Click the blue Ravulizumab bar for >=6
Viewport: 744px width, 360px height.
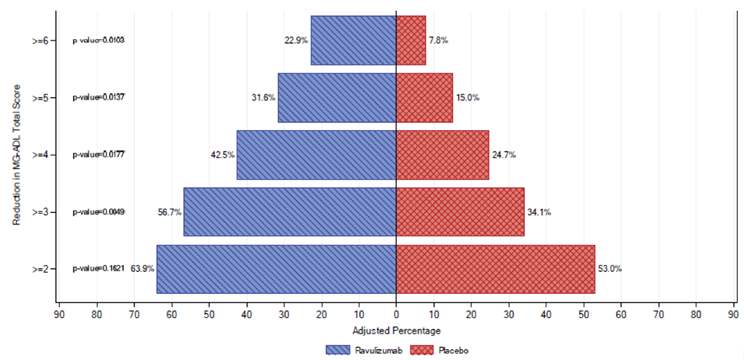click(x=353, y=40)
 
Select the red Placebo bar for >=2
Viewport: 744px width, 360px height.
click(x=495, y=269)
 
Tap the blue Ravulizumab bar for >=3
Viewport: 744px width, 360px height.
click(x=290, y=212)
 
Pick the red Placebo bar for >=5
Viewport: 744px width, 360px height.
click(x=424, y=98)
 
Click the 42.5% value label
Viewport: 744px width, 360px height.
click(x=222, y=155)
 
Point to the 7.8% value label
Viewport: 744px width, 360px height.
click(x=438, y=40)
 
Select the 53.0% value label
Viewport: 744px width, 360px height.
click(x=609, y=269)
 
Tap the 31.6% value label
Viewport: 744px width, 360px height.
click(x=263, y=98)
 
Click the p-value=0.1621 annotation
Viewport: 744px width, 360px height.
click(x=98, y=269)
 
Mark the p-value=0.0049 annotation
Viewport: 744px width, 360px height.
click(x=98, y=212)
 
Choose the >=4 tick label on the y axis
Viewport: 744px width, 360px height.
click(x=40, y=155)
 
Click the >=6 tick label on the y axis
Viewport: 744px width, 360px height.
click(x=40, y=41)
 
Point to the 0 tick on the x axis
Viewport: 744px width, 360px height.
click(x=396, y=314)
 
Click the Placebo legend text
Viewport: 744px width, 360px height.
click(x=453, y=351)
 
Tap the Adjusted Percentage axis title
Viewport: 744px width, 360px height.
click(x=396, y=331)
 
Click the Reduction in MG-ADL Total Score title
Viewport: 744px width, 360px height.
click(x=17, y=154)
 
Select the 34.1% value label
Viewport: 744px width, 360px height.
click(x=539, y=212)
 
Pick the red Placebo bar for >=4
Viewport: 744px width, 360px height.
click(x=443, y=155)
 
